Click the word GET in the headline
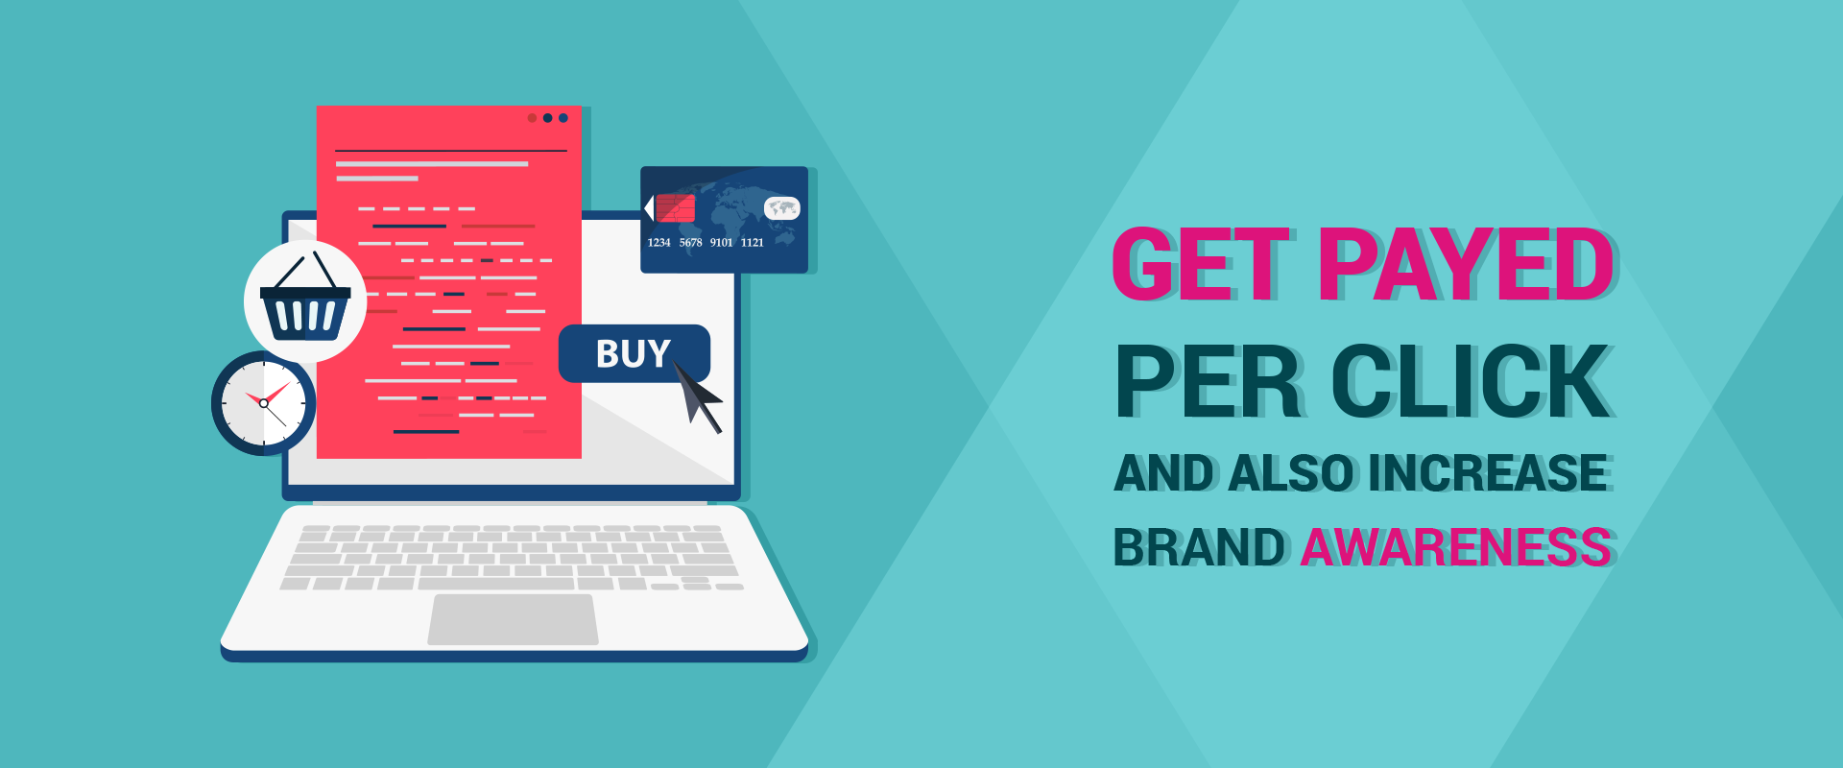pyautogui.click(x=1201, y=264)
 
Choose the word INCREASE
pyautogui.click(x=1488, y=473)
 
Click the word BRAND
pyautogui.click(x=1199, y=547)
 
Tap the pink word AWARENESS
pyautogui.click(x=1455, y=547)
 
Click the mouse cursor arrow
pyautogui.click(x=698, y=396)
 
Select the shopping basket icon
pyautogui.click(x=305, y=300)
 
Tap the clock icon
pyautogui.click(x=264, y=403)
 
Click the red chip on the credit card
pyautogui.click(x=674, y=208)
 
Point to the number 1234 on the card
pyautogui.click(x=658, y=243)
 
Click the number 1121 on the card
pyautogui.click(x=752, y=243)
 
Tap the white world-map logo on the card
pyautogui.click(x=781, y=207)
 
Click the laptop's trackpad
pyautogui.click(x=513, y=619)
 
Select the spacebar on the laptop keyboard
pyautogui.click(x=496, y=583)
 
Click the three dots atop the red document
pyautogui.click(x=547, y=118)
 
